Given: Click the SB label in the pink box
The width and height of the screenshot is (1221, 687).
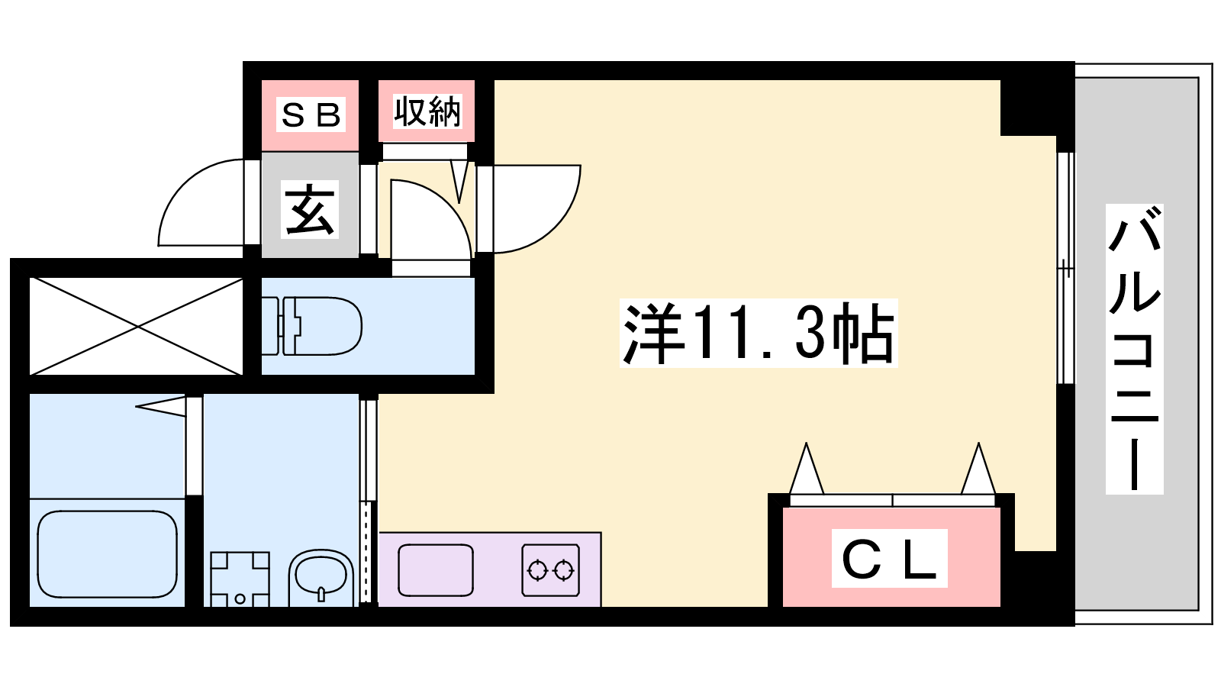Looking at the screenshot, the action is click(311, 114).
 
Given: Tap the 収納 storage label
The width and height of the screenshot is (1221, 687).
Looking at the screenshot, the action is click(427, 111).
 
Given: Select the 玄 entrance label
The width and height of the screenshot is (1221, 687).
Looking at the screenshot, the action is click(310, 209).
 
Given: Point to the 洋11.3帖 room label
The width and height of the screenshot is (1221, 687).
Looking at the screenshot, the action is click(759, 333).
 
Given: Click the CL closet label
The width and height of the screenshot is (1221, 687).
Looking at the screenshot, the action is click(890, 558).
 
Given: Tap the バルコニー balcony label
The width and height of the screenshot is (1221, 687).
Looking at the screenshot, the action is click(1134, 349).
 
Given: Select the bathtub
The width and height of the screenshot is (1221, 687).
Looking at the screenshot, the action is click(108, 554).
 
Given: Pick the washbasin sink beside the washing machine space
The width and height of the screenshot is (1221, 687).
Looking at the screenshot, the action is click(321, 578).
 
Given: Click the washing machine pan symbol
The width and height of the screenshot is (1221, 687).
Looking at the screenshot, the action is click(240, 579).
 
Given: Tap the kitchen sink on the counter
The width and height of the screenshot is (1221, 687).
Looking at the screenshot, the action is click(436, 569).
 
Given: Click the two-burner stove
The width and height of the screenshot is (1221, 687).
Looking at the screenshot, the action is click(550, 569).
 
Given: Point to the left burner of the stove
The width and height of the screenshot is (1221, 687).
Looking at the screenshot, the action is click(537, 570).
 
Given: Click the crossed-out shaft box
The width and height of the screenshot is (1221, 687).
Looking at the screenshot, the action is click(136, 326).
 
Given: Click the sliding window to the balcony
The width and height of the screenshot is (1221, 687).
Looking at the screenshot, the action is click(1065, 268).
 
